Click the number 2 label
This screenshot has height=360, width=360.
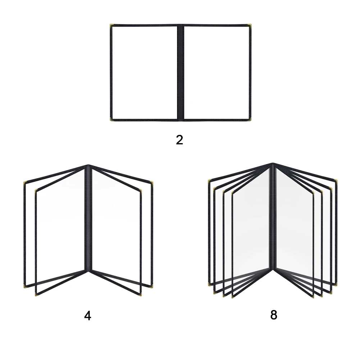(x=179, y=140)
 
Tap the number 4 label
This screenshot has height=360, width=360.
(x=87, y=316)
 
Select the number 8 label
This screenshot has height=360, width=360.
(x=274, y=315)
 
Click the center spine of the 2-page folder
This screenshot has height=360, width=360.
(x=180, y=72)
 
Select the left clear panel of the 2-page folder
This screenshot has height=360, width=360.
(x=144, y=72)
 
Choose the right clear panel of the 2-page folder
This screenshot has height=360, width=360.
(x=217, y=72)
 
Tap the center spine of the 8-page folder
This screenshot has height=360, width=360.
(x=273, y=219)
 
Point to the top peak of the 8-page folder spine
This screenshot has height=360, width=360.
(x=273, y=164)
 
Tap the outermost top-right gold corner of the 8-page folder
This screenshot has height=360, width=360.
(x=337, y=181)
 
